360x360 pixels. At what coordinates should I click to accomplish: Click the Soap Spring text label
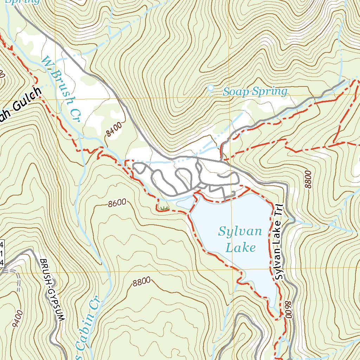coord(255,92)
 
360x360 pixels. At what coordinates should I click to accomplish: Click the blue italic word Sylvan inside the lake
coord(240,232)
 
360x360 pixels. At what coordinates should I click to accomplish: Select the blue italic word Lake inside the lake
coord(240,248)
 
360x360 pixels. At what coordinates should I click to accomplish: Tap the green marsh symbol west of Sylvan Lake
coord(163,208)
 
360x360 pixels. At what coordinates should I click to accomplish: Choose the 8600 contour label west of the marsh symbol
coord(117,203)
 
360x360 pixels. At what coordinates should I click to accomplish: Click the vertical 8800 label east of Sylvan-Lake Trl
coord(308,179)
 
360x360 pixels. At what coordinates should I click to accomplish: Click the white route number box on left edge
coord(2,253)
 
